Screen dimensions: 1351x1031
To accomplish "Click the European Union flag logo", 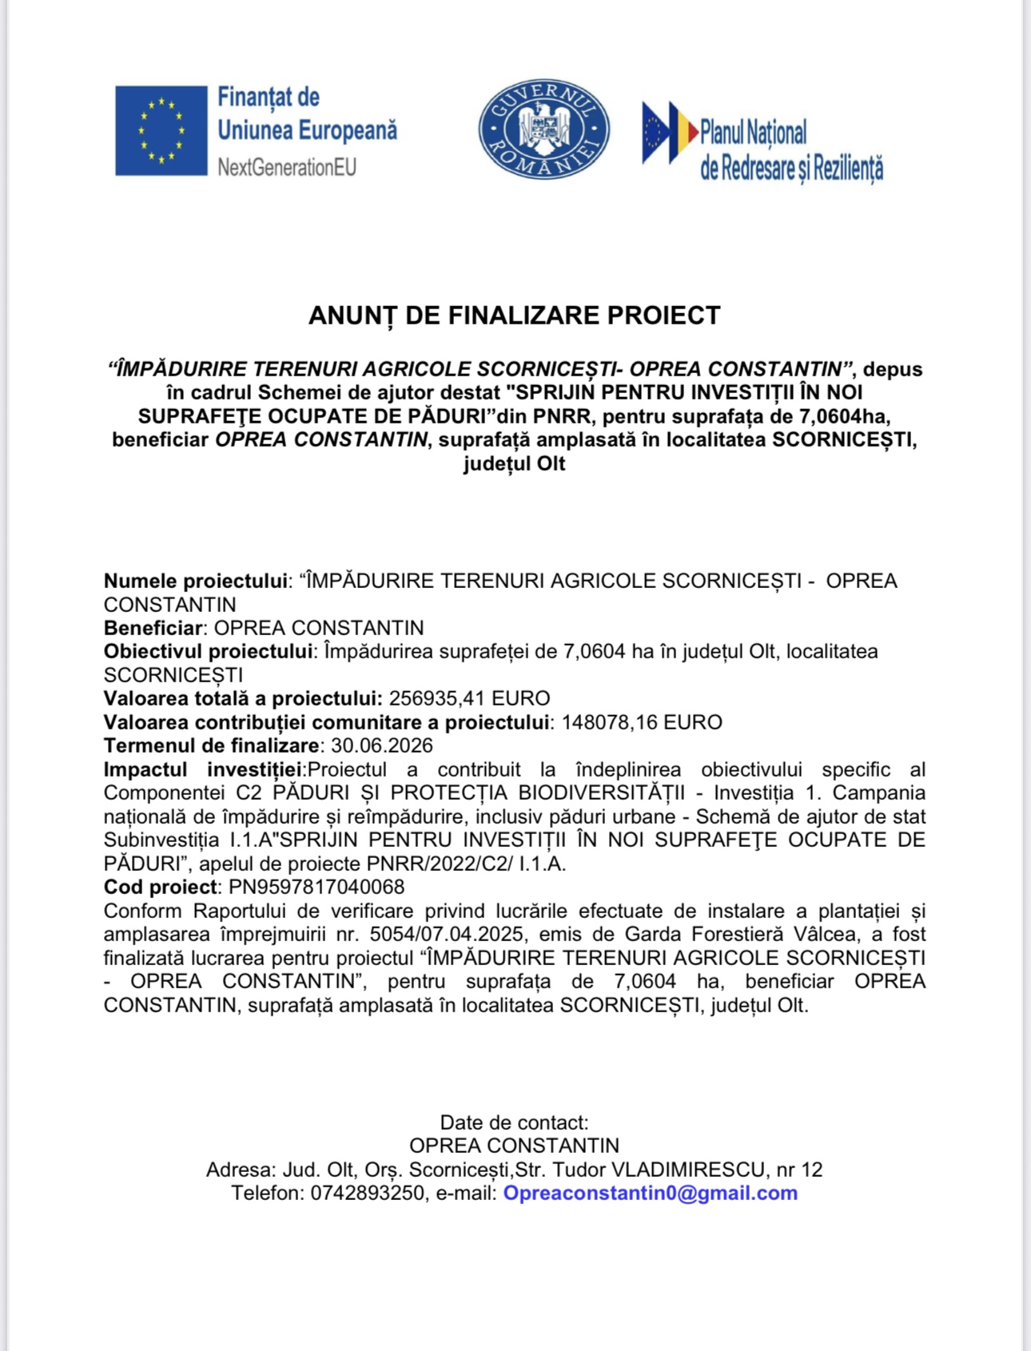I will (x=161, y=130).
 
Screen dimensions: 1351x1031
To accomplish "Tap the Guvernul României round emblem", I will (x=544, y=129).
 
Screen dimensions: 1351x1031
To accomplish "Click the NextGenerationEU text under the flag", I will (x=287, y=168).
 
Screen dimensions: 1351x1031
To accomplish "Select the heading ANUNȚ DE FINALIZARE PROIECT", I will (x=514, y=316).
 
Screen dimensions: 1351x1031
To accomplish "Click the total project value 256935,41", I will (x=437, y=698).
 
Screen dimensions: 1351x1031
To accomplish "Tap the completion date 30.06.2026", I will (x=382, y=745).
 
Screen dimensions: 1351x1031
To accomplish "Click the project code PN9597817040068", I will (x=316, y=887).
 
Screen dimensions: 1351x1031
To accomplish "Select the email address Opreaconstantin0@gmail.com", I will (x=650, y=1193).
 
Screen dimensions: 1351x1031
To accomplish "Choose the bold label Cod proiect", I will (x=160, y=887).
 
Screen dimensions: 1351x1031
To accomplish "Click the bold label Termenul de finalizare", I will (x=211, y=745).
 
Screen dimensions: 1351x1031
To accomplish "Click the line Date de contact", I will (x=514, y=1123).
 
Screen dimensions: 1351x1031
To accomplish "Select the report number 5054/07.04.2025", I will (x=447, y=934).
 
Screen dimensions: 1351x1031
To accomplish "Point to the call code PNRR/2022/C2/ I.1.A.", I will (x=466, y=864).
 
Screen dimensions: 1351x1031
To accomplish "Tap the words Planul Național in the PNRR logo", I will (x=753, y=133).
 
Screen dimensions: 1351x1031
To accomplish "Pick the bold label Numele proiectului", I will (x=196, y=581).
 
